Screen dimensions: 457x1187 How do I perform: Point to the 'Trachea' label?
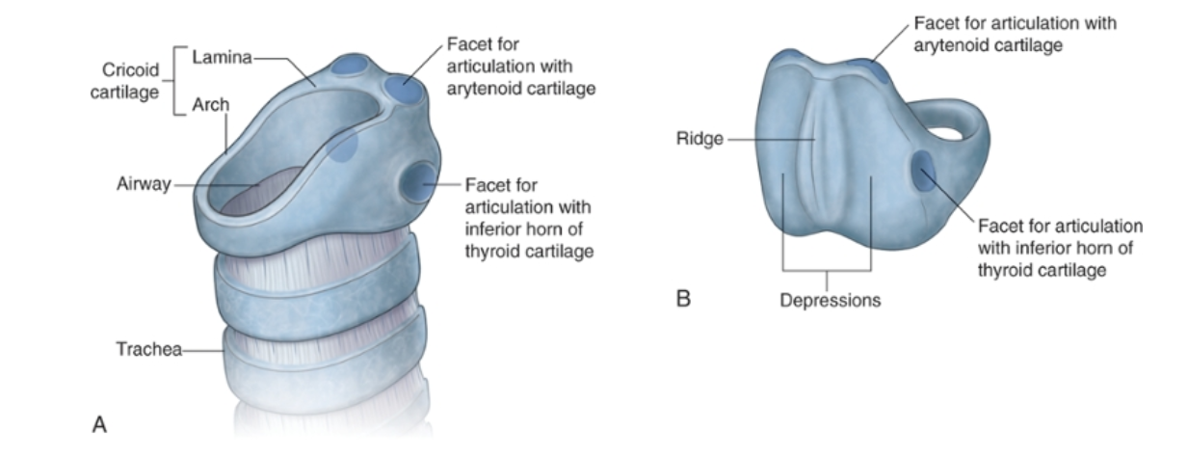coord(148,349)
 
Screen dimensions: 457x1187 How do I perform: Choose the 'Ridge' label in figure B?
coord(699,140)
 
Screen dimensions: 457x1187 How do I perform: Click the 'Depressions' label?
coord(830,300)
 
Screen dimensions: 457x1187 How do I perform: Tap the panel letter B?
coord(683,298)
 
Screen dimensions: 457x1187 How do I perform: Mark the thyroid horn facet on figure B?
coord(922,172)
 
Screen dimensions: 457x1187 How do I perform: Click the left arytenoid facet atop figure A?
coord(349,66)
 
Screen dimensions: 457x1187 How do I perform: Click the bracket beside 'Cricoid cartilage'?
coord(176,82)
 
